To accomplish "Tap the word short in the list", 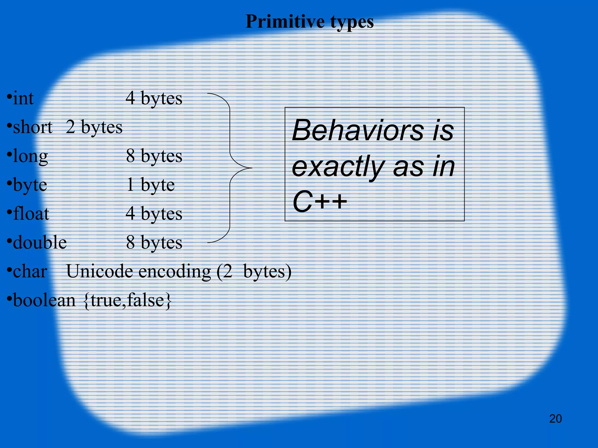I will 32,127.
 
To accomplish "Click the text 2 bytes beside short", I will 94,127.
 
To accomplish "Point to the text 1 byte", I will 150,185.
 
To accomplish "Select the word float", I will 31,213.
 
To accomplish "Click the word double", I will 40,242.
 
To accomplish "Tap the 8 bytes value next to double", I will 154,242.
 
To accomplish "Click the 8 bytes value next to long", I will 154,156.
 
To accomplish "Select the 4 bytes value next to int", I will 154,98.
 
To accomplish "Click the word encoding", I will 174,272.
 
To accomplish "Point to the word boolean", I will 44,300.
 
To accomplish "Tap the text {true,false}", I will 127,300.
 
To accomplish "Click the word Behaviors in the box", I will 358,130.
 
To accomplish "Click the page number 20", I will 555,419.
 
